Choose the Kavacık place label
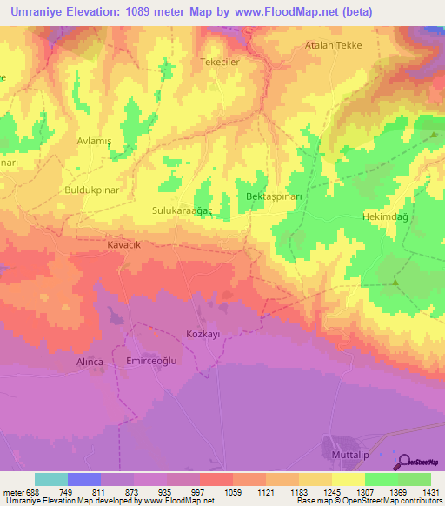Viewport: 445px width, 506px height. pos(123,245)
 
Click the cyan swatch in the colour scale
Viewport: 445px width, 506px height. pos(51,479)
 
